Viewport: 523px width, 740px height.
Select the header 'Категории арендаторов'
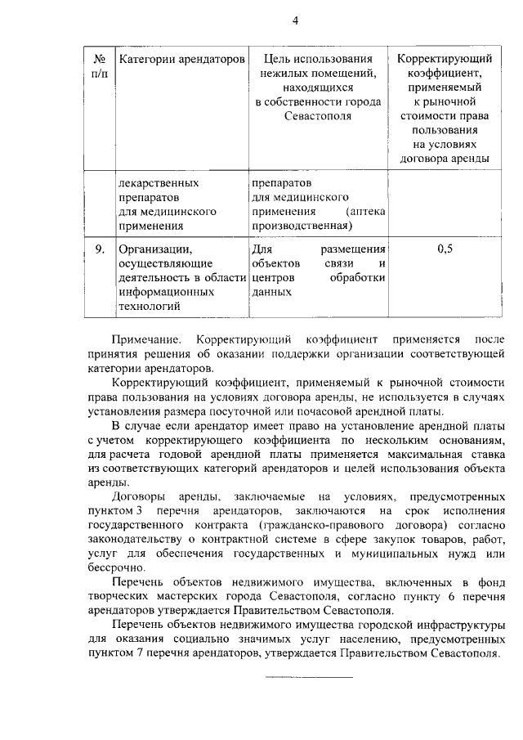(x=181, y=60)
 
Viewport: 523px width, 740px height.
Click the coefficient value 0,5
(x=445, y=249)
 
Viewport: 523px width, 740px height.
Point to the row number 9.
(x=99, y=249)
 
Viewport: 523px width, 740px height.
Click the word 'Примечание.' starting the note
(x=145, y=339)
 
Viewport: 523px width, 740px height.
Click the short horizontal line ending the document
(x=306, y=677)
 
